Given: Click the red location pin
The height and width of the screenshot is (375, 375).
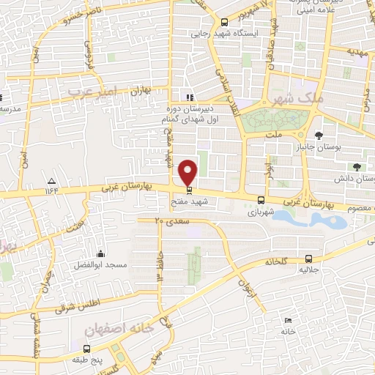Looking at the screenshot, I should [x=189, y=172].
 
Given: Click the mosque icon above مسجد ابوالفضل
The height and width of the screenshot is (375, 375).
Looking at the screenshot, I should [x=100, y=253].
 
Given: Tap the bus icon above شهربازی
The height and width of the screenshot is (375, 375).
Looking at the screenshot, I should [x=261, y=199].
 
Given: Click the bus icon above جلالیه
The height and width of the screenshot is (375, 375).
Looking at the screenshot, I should [x=308, y=259].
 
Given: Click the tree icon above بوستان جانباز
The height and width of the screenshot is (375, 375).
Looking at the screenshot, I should [x=319, y=135].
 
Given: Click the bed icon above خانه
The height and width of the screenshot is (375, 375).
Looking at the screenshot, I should [x=288, y=321].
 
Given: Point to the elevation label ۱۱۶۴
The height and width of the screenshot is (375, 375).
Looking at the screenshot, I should [x=51, y=191].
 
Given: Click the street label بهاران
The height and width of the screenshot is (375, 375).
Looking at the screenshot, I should [x=139, y=93].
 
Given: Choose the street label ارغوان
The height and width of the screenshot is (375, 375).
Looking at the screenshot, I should [x=249, y=288].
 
